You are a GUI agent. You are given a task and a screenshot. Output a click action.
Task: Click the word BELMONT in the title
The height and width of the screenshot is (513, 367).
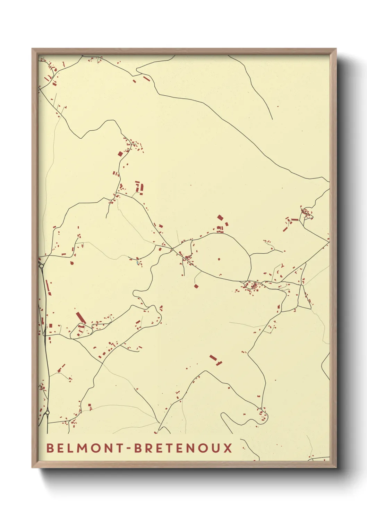85,448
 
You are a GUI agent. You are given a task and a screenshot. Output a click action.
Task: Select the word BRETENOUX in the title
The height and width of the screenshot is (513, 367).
183,448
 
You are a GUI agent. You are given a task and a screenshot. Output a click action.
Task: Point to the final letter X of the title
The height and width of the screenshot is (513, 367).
228,448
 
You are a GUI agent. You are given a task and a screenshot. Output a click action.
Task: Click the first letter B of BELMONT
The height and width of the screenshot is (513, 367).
50,448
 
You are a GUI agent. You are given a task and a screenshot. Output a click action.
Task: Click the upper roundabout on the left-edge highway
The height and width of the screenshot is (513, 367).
41,266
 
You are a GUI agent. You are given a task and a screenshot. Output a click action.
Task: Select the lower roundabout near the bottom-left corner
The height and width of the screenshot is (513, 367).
47,412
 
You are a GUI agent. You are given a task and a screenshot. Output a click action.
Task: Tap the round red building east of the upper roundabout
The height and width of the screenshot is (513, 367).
72,263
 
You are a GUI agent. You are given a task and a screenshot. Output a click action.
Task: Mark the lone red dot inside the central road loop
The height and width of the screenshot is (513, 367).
219,259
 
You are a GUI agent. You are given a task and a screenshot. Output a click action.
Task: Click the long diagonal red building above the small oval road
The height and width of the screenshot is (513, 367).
81,318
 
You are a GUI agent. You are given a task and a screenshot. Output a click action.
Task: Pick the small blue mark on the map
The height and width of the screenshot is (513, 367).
137,263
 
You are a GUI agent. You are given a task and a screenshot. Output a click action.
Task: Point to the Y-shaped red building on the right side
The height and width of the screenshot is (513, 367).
283,266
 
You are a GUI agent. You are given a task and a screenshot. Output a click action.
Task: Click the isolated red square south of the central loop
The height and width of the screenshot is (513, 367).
196,286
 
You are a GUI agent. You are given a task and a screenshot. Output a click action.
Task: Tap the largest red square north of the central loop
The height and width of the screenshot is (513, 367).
220,217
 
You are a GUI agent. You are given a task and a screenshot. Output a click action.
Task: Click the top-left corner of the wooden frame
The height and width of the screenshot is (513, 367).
32,49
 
